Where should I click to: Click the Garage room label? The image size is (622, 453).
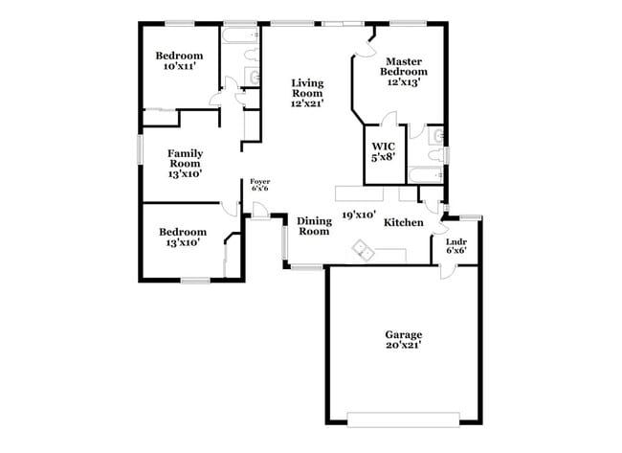pos(404,334)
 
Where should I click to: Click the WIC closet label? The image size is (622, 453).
pos(383,147)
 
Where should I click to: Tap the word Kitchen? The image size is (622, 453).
pos(404,222)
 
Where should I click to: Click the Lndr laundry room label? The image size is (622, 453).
pos(456,241)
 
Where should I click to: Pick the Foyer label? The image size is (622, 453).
pos(260,181)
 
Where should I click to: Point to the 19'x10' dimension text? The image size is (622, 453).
pos(359,215)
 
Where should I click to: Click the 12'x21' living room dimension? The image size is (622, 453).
pos(308,103)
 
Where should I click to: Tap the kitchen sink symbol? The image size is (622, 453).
pos(364,249)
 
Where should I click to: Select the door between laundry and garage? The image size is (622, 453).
pos(447,271)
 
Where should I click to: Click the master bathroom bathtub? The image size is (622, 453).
pos(423,175)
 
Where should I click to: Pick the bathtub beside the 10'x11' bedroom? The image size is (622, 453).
pos(239,36)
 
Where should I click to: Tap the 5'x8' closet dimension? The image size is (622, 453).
pos(383,159)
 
